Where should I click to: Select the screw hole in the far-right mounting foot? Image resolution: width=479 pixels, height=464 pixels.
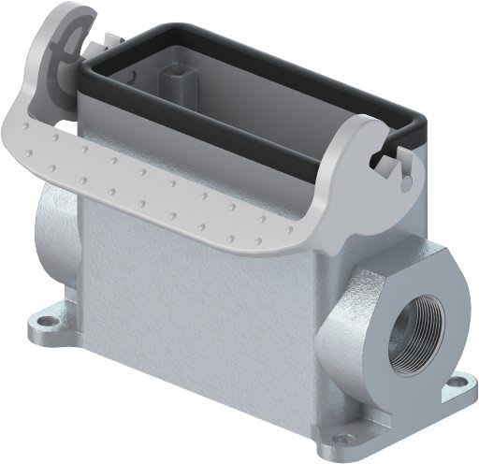[x=458, y=381]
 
